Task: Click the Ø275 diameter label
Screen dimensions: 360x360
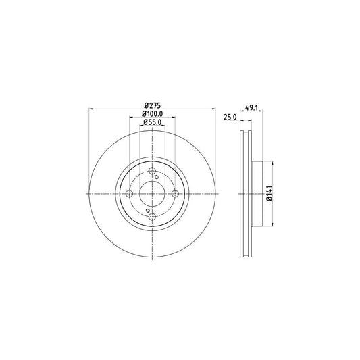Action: click(x=152, y=104)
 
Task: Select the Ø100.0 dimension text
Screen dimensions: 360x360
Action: click(x=152, y=113)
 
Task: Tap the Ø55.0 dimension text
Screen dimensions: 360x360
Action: click(x=152, y=122)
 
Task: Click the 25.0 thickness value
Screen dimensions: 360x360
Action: click(x=230, y=118)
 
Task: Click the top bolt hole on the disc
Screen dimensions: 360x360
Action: click(x=152, y=170)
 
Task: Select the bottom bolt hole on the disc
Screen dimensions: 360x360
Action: click(x=152, y=217)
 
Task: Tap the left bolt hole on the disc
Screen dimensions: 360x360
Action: click(x=129, y=194)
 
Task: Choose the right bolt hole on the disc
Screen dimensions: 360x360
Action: click(x=175, y=194)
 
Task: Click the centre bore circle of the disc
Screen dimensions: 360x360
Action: click(x=152, y=194)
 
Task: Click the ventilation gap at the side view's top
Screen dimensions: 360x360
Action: click(x=245, y=135)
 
